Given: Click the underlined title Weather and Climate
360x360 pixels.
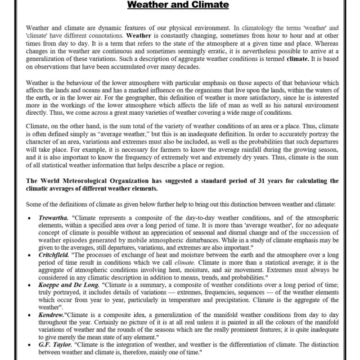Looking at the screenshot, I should pyautogui.click(x=178, y=5).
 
